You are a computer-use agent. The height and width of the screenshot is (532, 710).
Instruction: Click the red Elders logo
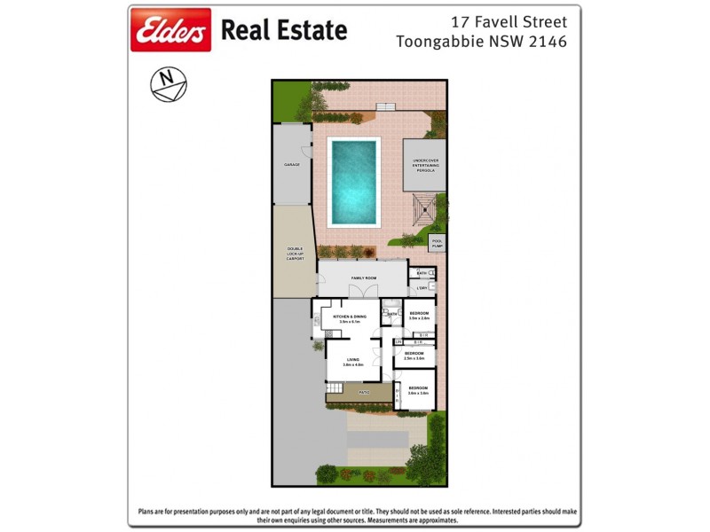[x=170, y=30]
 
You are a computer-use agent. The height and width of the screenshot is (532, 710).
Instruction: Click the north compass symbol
[x=168, y=84]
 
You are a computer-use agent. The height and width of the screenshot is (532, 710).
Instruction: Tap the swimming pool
[x=354, y=182]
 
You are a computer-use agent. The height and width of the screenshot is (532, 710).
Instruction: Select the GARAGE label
[x=291, y=165]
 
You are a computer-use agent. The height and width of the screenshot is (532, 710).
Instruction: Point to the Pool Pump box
[x=437, y=242]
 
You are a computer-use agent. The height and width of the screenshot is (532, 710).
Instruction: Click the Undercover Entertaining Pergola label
[x=425, y=165]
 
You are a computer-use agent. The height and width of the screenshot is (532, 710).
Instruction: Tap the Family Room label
[x=363, y=278]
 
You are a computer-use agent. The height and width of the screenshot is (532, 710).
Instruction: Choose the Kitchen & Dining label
[x=350, y=317]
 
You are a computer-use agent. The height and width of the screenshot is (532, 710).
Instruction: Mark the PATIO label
[x=363, y=391]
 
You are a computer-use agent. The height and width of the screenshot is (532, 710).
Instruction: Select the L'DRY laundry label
[x=422, y=288]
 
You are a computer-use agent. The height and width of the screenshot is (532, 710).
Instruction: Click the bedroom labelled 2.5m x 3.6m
[x=414, y=354]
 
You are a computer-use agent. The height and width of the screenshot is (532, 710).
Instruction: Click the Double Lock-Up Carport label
[x=295, y=254]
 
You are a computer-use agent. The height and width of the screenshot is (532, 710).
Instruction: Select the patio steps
[x=334, y=390]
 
